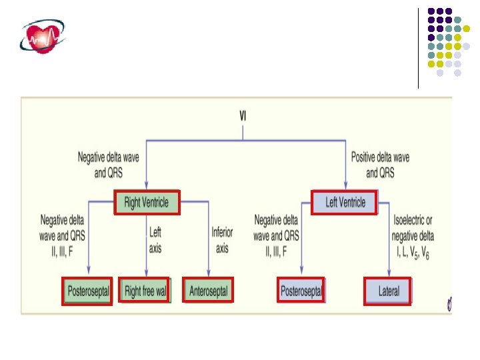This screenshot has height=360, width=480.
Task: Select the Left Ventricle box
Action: pyautogui.click(x=345, y=201)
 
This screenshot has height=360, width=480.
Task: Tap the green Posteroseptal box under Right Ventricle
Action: pyautogui.click(x=87, y=291)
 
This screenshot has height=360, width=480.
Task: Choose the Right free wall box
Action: pyautogui.click(x=145, y=291)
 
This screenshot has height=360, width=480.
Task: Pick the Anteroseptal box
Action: pyautogui.click(x=209, y=291)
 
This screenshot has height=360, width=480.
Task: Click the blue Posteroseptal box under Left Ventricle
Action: pyautogui.click(x=301, y=291)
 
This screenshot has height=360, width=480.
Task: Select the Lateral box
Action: pyautogui.click(x=389, y=291)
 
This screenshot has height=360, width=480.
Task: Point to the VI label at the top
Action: pyautogui.click(x=243, y=115)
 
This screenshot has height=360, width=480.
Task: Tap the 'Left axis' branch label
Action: pyautogui.click(x=155, y=240)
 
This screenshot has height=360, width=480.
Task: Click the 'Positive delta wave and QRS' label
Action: pyautogui.click(x=380, y=165)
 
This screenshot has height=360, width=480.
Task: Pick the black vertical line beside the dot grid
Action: pyautogui.click(x=419, y=48)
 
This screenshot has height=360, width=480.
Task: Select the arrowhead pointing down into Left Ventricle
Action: pyautogui.click(x=345, y=188)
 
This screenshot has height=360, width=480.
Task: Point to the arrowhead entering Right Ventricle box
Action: pyautogui.click(x=146, y=188)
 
